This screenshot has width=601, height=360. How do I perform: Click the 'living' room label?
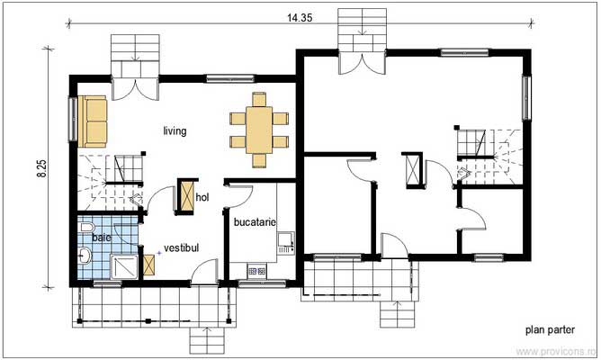click(x=175, y=131)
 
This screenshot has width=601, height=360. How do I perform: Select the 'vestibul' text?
click(x=181, y=247)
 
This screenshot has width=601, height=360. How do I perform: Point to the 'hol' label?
click(x=202, y=197)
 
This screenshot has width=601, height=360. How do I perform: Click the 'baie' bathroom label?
click(x=101, y=237)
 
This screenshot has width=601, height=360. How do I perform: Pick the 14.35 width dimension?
click(x=300, y=16)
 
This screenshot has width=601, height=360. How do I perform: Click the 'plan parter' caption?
click(x=551, y=330)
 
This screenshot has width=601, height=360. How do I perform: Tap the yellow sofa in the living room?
click(x=93, y=121)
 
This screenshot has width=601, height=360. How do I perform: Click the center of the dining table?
click(x=259, y=129)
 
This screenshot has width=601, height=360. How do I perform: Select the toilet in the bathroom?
click(x=85, y=232)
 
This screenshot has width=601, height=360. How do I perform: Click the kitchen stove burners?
click(x=255, y=269)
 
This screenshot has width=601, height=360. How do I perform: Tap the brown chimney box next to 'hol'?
click(x=187, y=197)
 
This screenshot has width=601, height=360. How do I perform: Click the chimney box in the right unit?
click(x=413, y=171)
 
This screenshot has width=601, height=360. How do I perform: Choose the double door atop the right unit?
click(x=362, y=60)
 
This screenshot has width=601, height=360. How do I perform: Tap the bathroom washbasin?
click(x=84, y=258)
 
